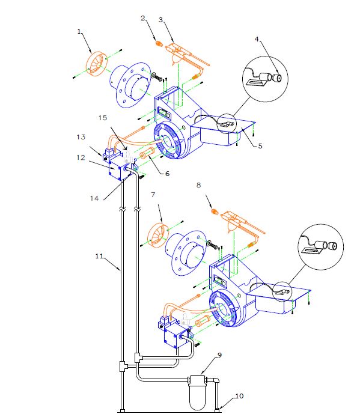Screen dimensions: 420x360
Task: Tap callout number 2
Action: pyautogui.click(x=143, y=19)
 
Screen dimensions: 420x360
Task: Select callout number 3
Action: pyautogui.click(x=160, y=19)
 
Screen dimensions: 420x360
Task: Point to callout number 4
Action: pyautogui.click(x=257, y=40)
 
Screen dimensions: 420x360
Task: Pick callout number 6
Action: pyautogui.click(x=167, y=173)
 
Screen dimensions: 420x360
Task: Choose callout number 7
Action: pyautogui.click(x=153, y=195)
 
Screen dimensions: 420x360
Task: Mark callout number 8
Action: pyautogui.click(x=199, y=186)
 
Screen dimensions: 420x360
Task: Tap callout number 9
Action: pyautogui.click(x=219, y=355)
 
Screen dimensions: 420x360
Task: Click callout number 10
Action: pyautogui.click(x=239, y=396)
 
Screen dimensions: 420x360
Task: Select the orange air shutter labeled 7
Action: pyautogui.click(x=158, y=234)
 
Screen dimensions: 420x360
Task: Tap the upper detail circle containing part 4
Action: pyautogui.click(x=264, y=78)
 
